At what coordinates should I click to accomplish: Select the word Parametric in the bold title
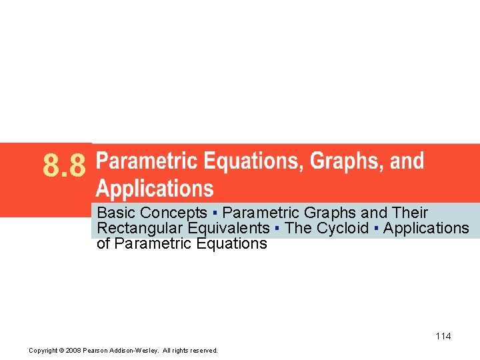point(147,161)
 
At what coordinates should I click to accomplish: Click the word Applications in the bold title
point(155,189)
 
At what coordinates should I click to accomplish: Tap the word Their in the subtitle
point(411,213)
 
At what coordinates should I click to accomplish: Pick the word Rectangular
point(137,229)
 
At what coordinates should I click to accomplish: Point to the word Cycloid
point(343,229)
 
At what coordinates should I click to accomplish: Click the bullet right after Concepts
point(215,213)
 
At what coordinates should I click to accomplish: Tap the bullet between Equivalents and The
point(277,229)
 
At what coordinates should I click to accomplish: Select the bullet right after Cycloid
point(376,229)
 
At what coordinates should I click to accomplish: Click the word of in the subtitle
point(104,244)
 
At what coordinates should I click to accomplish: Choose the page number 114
point(443,336)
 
